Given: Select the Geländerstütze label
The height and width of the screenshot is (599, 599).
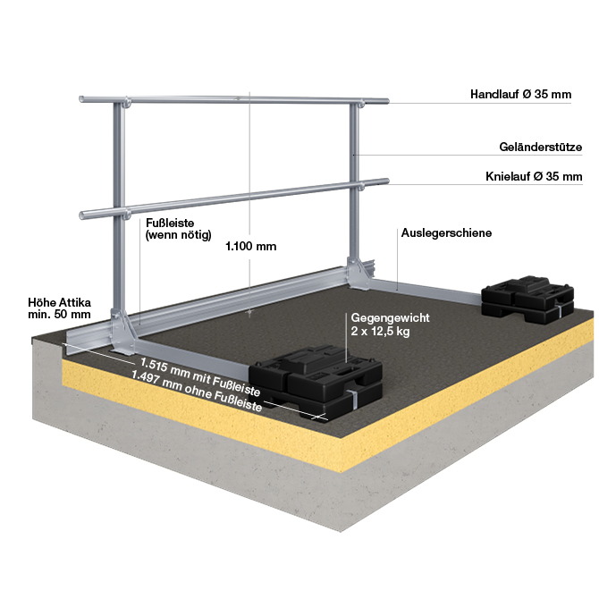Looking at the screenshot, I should [541, 147].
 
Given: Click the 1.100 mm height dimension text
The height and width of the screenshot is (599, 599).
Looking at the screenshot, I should [253, 248].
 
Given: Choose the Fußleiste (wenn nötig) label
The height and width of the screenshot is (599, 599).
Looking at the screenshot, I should [177, 230].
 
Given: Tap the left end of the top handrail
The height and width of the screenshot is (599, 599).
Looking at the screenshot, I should [83, 99].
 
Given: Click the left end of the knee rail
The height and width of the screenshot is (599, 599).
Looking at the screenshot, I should [85, 215].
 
